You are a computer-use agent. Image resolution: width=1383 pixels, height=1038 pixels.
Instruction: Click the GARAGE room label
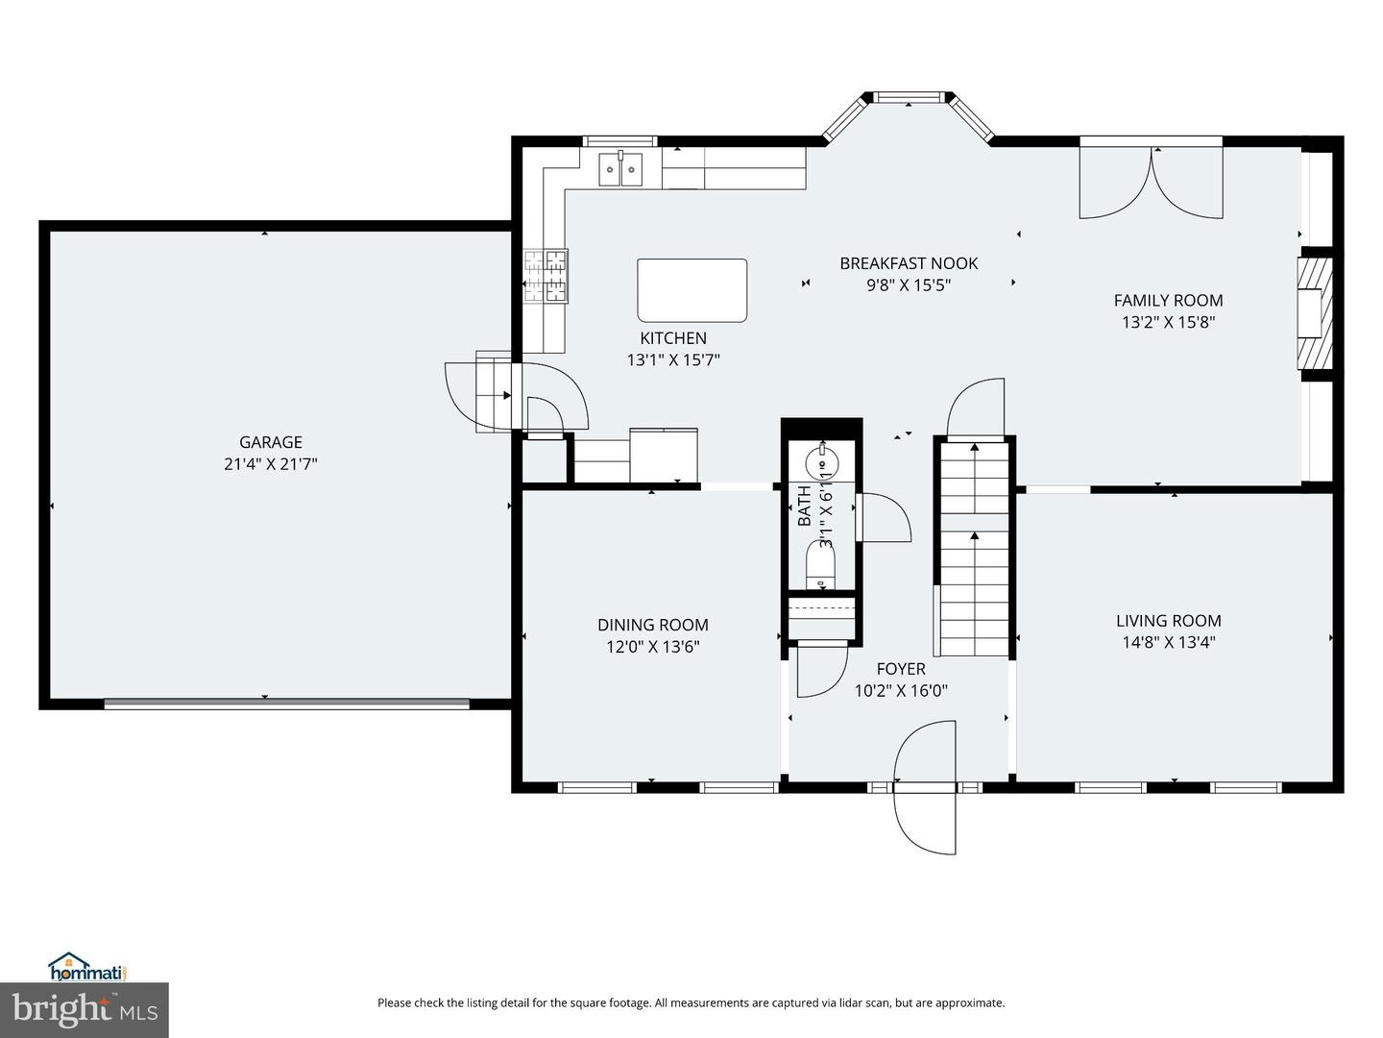tap(270, 442)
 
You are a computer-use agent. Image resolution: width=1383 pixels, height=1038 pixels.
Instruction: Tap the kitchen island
tap(691, 290)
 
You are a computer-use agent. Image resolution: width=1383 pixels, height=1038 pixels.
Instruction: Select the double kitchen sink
tap(620, 169)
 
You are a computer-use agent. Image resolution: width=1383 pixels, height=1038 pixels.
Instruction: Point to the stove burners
tap(546, 276)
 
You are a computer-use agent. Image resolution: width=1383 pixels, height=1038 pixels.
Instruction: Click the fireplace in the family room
tap(1315, 313)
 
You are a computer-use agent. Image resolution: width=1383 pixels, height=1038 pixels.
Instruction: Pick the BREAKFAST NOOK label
tap(909, 263)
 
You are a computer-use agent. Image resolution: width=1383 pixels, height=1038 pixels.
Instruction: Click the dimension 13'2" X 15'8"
tap(1168, 322)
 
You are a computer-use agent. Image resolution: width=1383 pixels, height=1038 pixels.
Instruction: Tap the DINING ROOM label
tap(653, 625)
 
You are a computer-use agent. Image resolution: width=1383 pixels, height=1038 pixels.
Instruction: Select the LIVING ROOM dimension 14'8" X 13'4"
tap(1168, 642)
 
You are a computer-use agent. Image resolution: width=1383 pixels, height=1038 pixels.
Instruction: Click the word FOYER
tap(901, 669)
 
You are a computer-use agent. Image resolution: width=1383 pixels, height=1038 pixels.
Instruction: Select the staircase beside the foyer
tap(974, 548)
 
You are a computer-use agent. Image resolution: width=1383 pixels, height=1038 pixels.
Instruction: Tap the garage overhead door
tap(286, 704)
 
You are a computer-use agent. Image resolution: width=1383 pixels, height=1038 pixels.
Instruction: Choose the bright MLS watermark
tap(85, 1010)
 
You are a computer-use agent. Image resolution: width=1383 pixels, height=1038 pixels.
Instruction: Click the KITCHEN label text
tap(673, 337)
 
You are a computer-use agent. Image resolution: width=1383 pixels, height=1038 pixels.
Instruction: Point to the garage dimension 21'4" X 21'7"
tap(270, 464)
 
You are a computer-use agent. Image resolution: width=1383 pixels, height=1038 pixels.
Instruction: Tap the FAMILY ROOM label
tap(1168, 301)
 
